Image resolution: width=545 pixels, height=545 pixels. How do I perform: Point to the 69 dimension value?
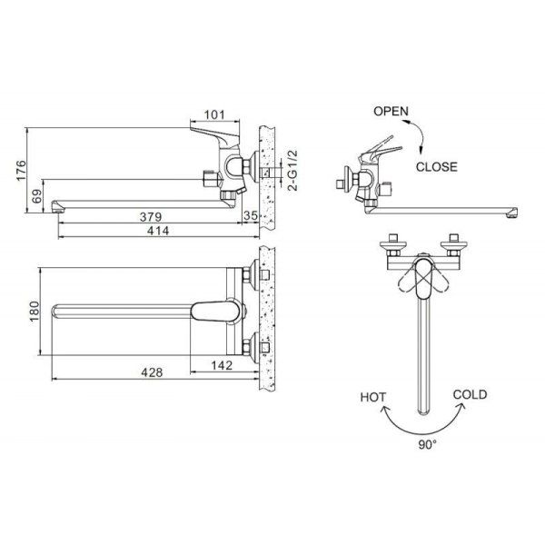pyautogui.click(x=37, y=196)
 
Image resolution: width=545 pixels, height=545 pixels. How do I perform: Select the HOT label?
pyautogui.click(x=373, y=397)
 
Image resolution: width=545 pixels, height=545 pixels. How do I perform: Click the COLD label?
pyautogui.click(x=469, y=394)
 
